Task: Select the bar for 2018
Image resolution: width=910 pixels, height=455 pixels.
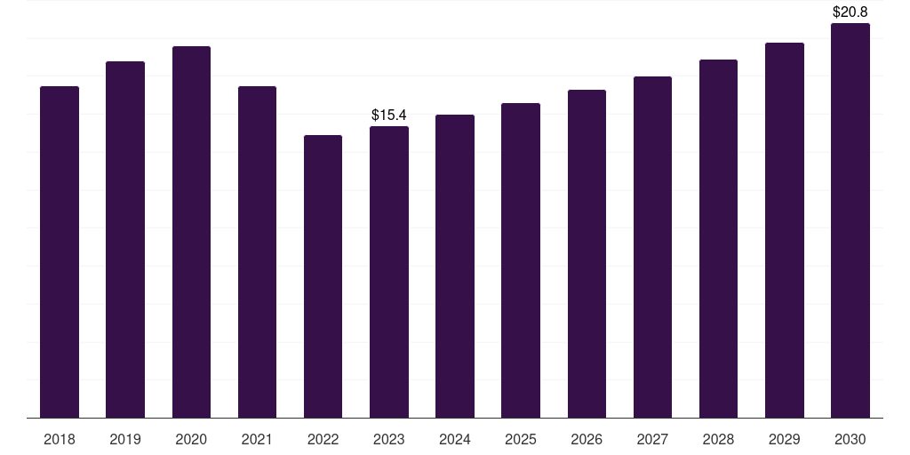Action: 60,251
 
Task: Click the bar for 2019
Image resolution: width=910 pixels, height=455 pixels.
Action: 125,240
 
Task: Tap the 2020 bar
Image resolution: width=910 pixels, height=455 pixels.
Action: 192,232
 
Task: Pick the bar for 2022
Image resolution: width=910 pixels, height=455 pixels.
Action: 323,276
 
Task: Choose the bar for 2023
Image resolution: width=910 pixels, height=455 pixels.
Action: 389,272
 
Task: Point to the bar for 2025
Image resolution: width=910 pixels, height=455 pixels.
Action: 521,260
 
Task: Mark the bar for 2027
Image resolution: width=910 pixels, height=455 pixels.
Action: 652,247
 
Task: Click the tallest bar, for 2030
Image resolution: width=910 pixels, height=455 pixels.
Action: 850,220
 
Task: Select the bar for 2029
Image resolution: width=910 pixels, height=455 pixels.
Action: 785,230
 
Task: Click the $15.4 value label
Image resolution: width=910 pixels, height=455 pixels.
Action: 389,115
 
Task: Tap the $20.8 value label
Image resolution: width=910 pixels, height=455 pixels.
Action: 850,12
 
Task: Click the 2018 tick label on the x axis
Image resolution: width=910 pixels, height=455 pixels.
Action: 60,439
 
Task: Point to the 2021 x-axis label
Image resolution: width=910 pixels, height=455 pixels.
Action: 257,439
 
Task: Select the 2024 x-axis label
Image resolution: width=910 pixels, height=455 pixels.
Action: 455,439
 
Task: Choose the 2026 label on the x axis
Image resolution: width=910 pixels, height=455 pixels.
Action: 587,439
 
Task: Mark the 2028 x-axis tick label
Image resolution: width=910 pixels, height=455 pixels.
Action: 718,439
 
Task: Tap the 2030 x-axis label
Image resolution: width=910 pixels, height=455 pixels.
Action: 850,439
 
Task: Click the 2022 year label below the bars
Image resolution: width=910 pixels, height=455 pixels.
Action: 323,439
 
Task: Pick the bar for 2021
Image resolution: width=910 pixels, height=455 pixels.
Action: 257,251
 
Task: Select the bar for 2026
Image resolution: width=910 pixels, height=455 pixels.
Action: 587,253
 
